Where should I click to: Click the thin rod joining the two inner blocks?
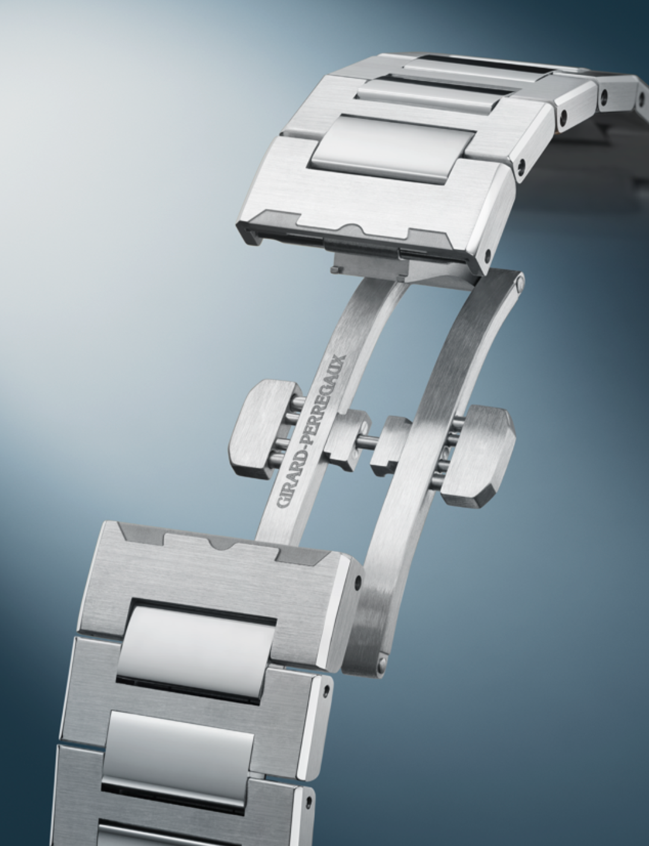point(366,442)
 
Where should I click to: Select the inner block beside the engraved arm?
point(346,440)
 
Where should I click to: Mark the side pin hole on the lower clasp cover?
point(358,582)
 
